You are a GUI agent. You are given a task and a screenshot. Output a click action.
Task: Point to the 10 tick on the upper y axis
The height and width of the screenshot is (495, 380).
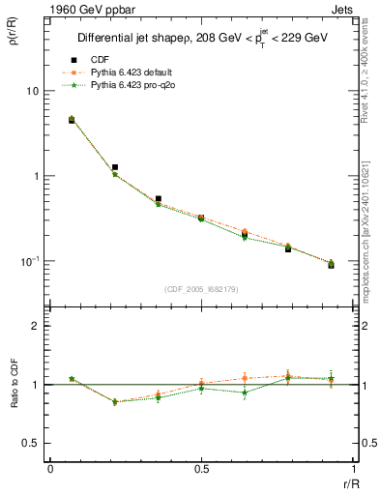[34, 91]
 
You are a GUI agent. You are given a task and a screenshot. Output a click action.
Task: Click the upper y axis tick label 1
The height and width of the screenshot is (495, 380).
[37, 176]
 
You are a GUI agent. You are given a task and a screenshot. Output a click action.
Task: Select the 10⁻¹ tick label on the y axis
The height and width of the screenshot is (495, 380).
[32, 261]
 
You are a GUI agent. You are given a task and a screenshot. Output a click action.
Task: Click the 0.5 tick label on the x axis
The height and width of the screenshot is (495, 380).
[201, 468]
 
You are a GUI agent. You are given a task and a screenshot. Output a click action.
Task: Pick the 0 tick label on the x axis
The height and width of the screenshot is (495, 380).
[50, 468]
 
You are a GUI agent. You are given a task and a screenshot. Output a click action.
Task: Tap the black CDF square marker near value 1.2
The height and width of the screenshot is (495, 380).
[115, 167]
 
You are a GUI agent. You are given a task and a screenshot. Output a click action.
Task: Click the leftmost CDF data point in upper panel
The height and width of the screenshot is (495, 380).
[72, 120]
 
